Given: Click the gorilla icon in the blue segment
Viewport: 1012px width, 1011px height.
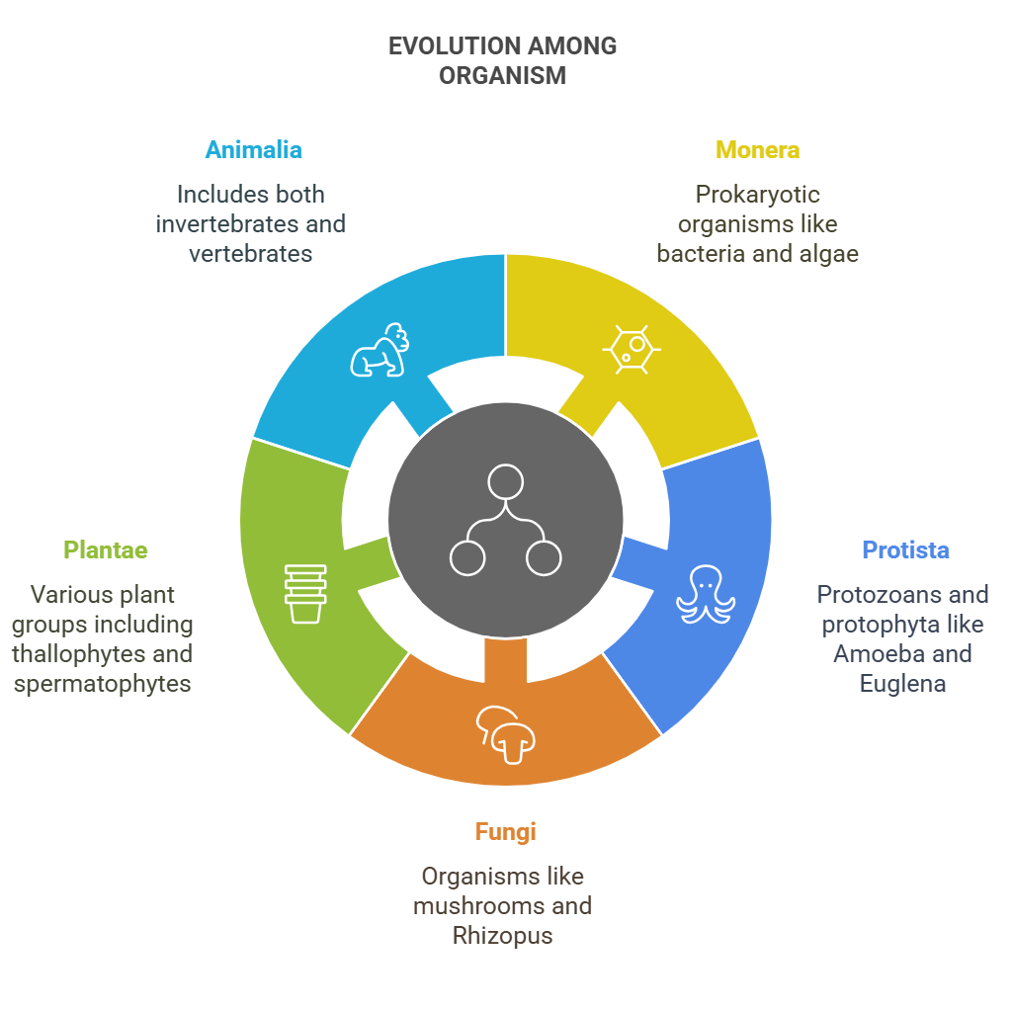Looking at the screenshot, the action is [379, 350].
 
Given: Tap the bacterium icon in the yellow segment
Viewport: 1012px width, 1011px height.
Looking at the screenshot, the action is [632, 349].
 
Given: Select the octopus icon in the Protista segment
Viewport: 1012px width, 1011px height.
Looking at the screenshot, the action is [706, 594].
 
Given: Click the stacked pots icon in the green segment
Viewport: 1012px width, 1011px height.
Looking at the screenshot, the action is [305, 594].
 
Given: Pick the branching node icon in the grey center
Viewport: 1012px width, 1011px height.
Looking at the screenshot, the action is [505, 520].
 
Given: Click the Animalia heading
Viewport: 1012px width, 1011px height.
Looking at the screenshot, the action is [254, 150].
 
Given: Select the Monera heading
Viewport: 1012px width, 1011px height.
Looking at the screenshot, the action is [758, 150].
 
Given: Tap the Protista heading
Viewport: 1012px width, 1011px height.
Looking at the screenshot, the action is [905, 550].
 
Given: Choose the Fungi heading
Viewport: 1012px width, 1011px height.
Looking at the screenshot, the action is [505, 832].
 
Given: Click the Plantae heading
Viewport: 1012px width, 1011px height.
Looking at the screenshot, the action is [105, 550].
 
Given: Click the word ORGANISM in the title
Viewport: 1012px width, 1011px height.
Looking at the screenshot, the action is [503, 76].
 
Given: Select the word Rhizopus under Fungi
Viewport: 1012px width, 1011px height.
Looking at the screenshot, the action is [503, 936].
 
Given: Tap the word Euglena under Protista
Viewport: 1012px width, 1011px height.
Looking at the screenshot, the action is [902, 684].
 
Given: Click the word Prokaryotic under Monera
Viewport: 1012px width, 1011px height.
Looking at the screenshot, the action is [758, 195].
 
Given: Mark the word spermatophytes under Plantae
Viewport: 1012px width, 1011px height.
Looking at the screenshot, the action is [102, 684].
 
